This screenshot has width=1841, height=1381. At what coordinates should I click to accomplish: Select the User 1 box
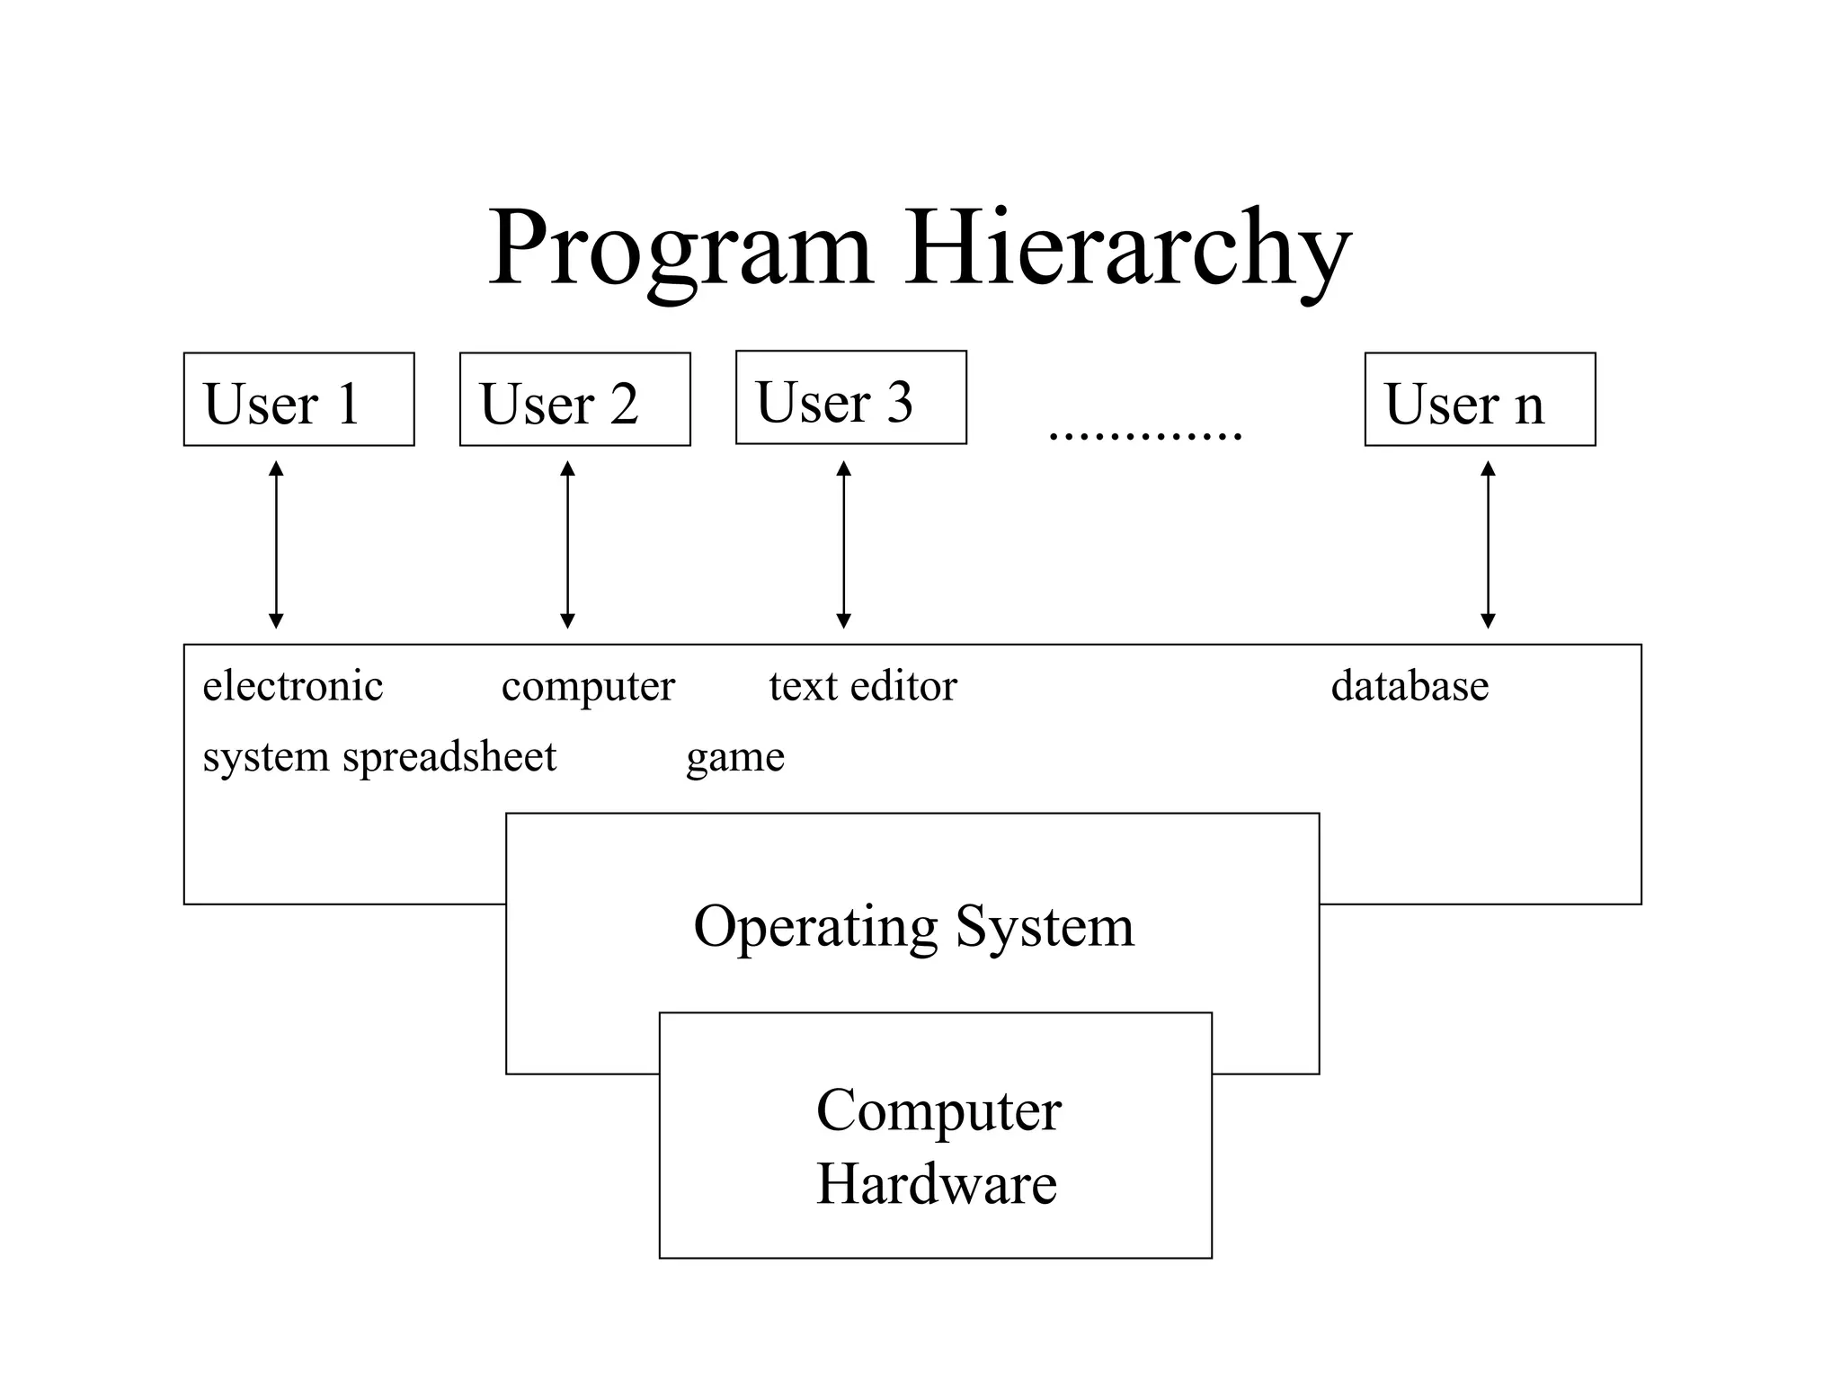point(298,399)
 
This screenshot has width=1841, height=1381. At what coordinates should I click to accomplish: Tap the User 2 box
point(574,399)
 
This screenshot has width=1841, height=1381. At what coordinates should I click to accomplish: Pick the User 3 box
point(850,397)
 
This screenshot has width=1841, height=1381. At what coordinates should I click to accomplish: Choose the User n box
point(1480,399)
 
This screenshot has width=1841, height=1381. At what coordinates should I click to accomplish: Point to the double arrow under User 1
point(276,545)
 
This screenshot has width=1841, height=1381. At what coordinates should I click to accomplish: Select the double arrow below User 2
point(567,545)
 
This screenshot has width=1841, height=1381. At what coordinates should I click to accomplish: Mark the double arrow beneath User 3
point(843,545)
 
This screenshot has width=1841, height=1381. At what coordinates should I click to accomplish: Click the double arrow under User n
point(1488,545)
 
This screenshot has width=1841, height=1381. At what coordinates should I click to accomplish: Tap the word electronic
point(293,686)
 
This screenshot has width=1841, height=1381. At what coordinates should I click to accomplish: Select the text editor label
point(863,686)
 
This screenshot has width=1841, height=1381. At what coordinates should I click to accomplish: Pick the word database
point(1410,686)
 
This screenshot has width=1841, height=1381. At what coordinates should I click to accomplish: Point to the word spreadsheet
point(449,757)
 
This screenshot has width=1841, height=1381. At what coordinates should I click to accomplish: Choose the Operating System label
point(913,927)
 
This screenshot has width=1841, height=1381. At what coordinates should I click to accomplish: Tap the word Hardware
point(936,1183)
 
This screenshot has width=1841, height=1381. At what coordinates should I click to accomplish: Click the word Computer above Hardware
point(938,1111)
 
